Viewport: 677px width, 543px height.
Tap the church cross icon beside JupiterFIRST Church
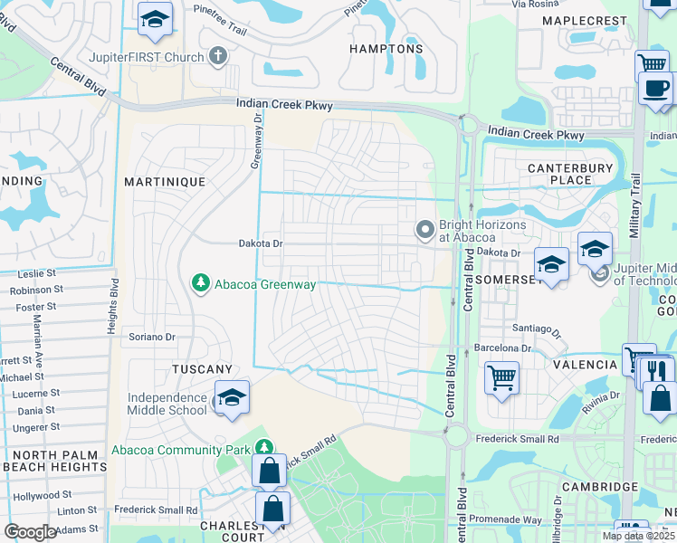216,56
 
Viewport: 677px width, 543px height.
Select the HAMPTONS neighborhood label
387,49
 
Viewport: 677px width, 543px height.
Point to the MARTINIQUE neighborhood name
165,182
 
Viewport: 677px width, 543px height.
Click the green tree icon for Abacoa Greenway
201,284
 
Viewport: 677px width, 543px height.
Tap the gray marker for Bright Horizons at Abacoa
424,230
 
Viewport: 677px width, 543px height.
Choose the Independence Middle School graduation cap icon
232,399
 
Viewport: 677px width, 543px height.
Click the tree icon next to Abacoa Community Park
263,448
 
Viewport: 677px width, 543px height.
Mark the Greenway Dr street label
257,139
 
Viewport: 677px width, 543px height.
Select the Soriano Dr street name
150,337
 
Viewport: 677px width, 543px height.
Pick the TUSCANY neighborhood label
203,369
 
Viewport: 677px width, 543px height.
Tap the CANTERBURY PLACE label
558,173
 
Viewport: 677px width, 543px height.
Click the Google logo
30,532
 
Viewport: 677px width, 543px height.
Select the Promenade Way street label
505,519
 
